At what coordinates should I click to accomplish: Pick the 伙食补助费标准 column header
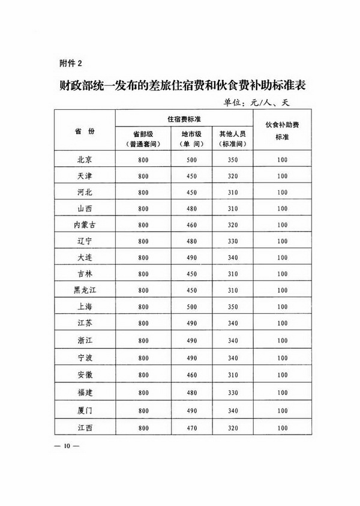tap(282, 131)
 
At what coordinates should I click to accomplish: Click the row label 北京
tap(85, 160)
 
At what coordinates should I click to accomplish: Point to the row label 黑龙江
tap(85, 289)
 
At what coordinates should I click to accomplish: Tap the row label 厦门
tap(85, 412)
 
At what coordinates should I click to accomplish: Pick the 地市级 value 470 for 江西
tap(192, 429)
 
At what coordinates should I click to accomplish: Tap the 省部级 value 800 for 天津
tap(143, 176)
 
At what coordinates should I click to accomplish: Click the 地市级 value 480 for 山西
tap(192, 207)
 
